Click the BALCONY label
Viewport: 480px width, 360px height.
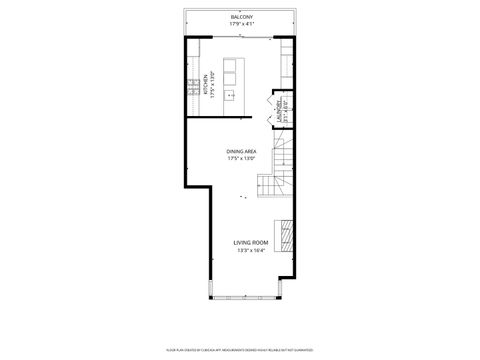tap(241, 17)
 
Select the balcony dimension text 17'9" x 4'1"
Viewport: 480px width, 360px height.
tap(241, 24)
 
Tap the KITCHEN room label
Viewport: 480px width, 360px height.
tap(204, 83)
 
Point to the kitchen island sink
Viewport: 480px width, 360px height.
tap(229, 96)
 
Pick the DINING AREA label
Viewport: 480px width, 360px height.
tap(241, 150)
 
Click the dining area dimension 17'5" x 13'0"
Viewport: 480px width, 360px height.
tap(241, 158)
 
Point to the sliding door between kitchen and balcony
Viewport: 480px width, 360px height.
tap(241, 37)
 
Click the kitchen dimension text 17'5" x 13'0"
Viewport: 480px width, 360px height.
tap(212, 83)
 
